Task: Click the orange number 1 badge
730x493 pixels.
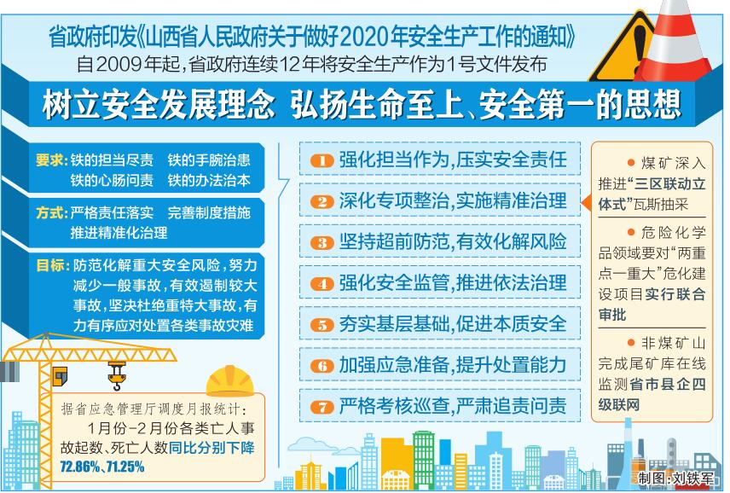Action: coord(322,161)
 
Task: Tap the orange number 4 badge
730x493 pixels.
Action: coord(322,284)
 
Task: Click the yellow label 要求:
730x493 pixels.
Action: coord(52,160)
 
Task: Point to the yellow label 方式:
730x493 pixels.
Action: coord(52,212)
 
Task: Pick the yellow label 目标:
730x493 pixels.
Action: coord(53,265)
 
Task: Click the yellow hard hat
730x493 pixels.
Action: coord(230,380)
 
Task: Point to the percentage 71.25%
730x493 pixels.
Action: coord(125,467)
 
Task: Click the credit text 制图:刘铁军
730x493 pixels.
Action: coord(676,478)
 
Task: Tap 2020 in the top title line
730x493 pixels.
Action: coord(365,38)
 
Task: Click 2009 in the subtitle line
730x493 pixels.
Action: coord(119,64)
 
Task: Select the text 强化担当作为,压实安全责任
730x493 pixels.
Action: coord(453,160)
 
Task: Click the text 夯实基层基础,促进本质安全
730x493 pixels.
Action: coord(453,324)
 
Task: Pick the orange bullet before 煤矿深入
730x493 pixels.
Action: coord(631,162)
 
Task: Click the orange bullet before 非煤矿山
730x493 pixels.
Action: coord(631,343)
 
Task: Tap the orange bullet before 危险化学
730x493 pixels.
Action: coord(631,232)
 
